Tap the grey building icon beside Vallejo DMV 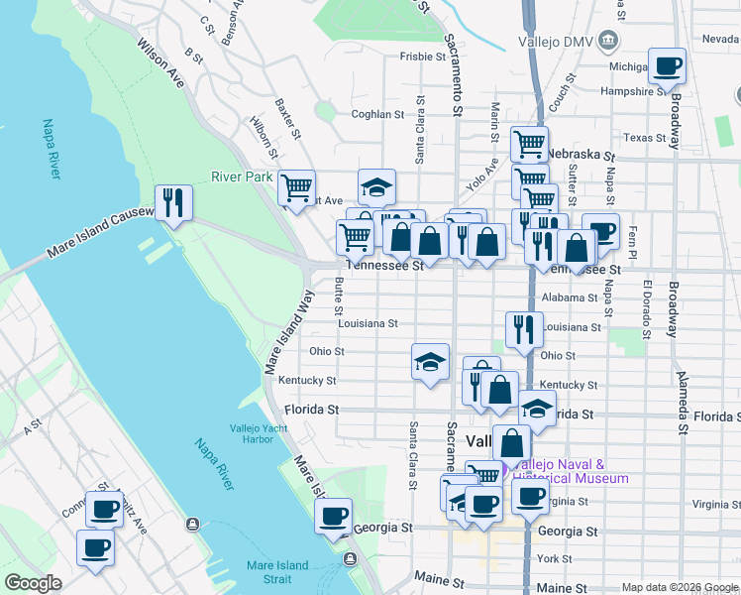[608, 41]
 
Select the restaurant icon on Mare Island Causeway [173, 203]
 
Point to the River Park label [241, 178]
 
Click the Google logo [33, 583]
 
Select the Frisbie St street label [420, 58]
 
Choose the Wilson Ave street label [161, 63]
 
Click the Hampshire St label [633, 91]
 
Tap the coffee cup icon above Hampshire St [668, 66]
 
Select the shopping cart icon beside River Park [296, 186]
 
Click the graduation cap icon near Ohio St [431, 362]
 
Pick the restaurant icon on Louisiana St [524, 328]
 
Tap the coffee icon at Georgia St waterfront [334, 516]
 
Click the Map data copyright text [679, 587]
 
